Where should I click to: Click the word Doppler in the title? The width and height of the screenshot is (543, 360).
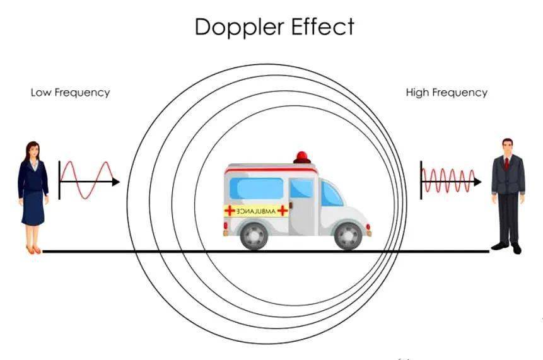[x=240, y=27]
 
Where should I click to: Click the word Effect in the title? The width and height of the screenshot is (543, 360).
[x=323, y=26]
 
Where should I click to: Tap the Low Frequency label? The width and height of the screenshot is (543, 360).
[x=70, y=93]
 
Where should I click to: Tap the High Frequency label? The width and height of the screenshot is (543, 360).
[x=447, y=93]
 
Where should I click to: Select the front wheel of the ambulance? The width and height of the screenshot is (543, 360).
[x=348, y=236]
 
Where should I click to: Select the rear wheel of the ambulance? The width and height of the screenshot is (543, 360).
[x=254, y=236]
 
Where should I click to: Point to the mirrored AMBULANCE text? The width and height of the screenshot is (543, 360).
[x=256, y=211]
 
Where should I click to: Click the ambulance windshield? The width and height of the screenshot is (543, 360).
[x=331, y=194]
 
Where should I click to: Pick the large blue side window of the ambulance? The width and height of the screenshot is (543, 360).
[x=257, y=189]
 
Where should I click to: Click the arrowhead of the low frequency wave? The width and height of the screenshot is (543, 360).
[x=116, y=182]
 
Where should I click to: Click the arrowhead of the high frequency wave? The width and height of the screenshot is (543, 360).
[x=477, y=182]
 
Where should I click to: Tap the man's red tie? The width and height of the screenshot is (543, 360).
[x=506, y=164]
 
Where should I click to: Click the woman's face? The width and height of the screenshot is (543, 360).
[x=33, y=151]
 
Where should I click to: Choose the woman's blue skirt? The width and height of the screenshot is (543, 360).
[x=33, y=207]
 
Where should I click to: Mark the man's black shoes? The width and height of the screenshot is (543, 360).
[x=506, y=247]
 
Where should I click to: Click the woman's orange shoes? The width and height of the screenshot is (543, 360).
[x=33, y=250]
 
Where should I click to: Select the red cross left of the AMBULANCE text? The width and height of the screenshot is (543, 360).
[x=230, y=211]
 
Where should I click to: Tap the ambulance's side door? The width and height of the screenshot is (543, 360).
[x=303, y=207]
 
